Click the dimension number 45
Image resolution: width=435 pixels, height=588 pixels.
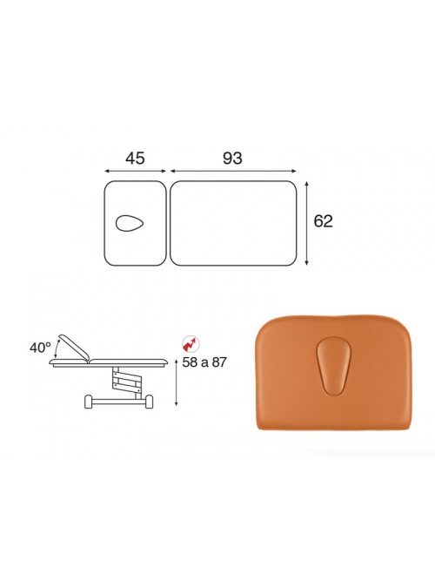[135, 159]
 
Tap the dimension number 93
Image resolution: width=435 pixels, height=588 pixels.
[232, 159]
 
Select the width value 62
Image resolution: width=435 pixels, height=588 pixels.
[323, 221]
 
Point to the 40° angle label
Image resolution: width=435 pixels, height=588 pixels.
[41, 348]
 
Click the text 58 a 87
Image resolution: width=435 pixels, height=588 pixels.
[204, 362]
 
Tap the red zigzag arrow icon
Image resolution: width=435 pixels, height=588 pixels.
[191, 343]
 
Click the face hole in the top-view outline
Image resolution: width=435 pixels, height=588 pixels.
[130, 224]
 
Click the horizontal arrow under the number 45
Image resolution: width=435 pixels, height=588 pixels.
[135, 171]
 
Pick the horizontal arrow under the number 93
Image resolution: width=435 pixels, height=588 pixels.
[233, 171]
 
